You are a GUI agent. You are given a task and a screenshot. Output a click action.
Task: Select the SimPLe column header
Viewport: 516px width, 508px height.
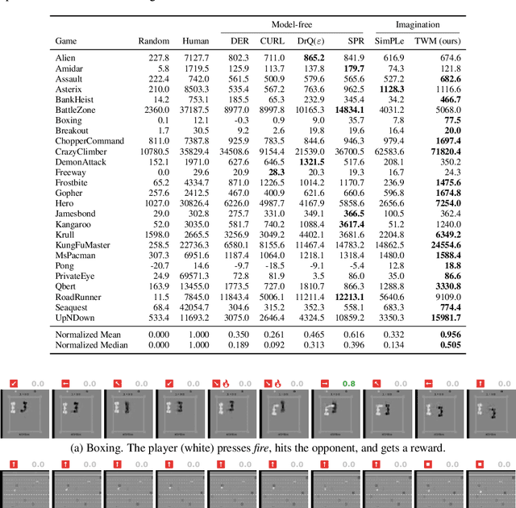(x=392, y=40)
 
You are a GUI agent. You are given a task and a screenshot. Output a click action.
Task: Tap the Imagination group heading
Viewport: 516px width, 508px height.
(x=417, y=25)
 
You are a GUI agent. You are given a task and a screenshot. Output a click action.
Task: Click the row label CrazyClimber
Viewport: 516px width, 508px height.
(x=81, y=152)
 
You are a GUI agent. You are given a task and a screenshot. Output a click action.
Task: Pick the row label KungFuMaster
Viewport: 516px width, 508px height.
(x=83, y=244)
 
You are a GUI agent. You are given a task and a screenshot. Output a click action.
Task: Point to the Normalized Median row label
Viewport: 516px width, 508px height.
(x=93, y=345)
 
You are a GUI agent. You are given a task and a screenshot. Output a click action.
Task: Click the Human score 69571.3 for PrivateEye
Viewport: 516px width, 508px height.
(x=193, y=276)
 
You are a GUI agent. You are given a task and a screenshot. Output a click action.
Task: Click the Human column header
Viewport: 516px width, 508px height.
(x=196, y=40)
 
